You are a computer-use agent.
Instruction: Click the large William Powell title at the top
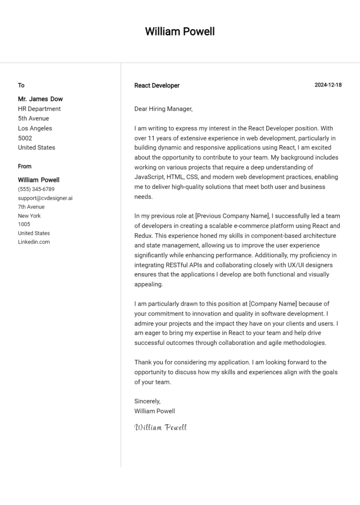pos(180,31)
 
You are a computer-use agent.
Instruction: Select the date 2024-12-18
pos(328,85)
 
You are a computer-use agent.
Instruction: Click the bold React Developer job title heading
pos(157,85)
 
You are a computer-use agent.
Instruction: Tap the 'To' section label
pos(21,85)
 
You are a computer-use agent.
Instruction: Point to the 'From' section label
pos(24,166)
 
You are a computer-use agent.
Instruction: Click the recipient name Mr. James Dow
pos(40,99)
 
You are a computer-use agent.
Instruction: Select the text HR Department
pos(39,109)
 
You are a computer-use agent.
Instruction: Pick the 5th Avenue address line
pos(33,119)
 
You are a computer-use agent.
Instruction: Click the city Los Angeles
pos(35,128)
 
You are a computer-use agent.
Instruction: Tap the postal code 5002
pos(25,138)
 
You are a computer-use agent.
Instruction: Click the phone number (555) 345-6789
pos(36,189)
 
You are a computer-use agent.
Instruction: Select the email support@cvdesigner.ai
pos(45,198)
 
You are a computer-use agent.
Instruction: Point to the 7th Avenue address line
pos(31,207)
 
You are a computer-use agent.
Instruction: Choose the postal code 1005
pos(24,224)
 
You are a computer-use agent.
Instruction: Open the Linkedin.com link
pos(34,242)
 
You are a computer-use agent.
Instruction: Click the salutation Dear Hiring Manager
pos(163,109)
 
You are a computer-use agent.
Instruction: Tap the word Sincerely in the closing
pos(147,401)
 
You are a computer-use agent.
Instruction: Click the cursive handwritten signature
pos(160,427)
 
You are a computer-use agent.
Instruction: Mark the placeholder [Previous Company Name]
pos(232,216)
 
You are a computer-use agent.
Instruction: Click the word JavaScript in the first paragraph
pos(149,177)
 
